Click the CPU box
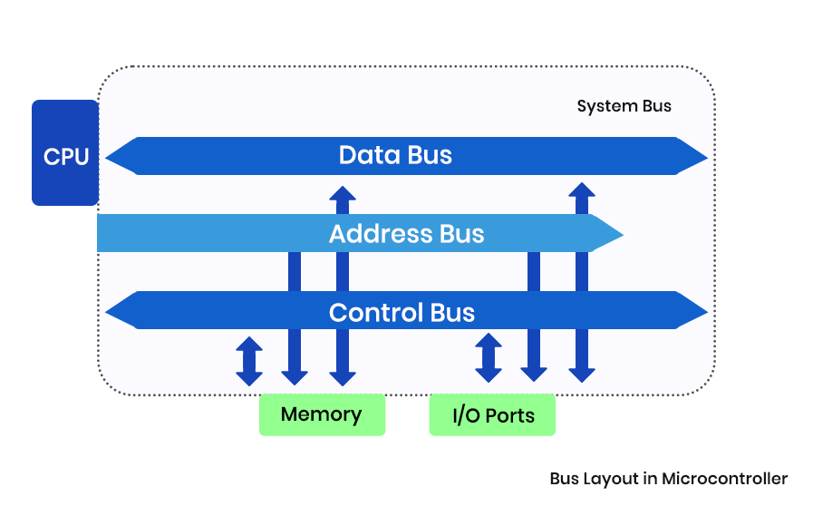[x=65, y=153]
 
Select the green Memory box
[x=322, y=414]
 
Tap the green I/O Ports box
[x=492, y=415]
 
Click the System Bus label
[x=624, y=106]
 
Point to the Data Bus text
[x=395, y=155]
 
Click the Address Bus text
[x=406, y=234]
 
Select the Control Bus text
[x=402, y=313]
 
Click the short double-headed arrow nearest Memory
[x=249, y=361]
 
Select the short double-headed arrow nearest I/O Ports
[x=489, y=357]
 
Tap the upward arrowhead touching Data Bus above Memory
[x=343, y=193]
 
